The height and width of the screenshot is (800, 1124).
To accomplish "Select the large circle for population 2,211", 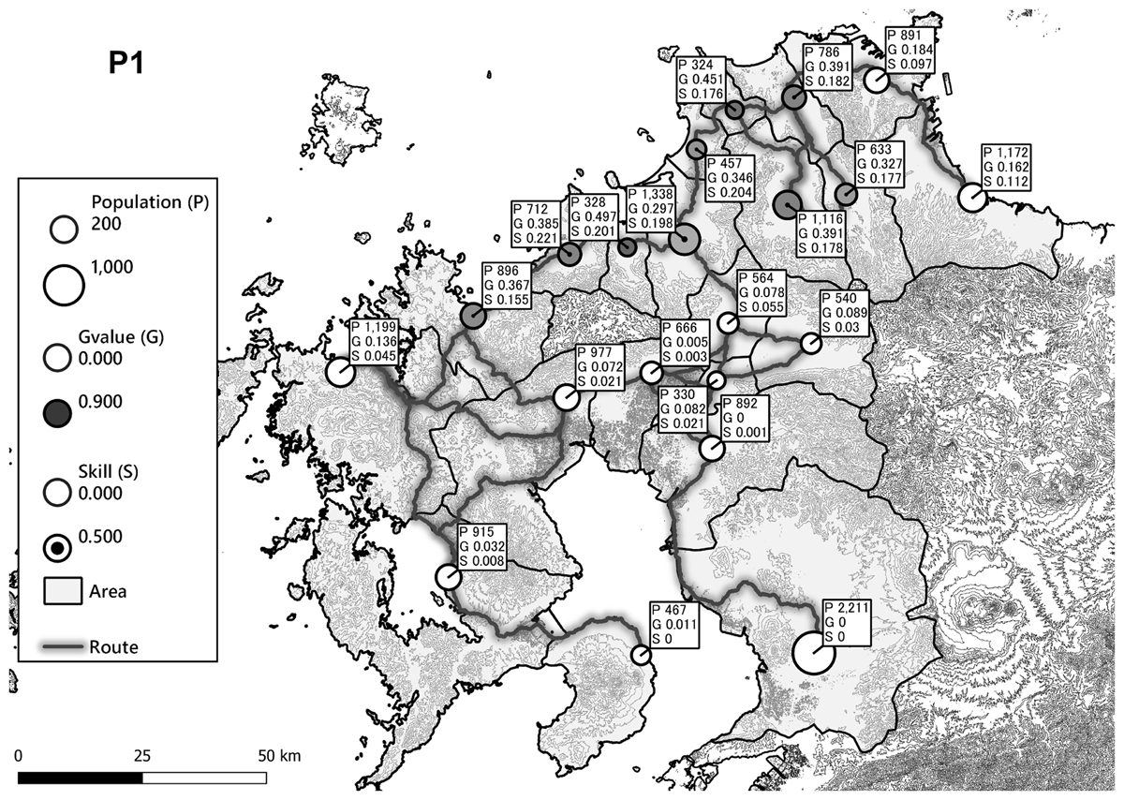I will (814, 653).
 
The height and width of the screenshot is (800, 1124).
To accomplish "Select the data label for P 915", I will (483, 546).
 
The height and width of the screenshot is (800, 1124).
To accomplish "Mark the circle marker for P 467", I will (641, 655).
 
